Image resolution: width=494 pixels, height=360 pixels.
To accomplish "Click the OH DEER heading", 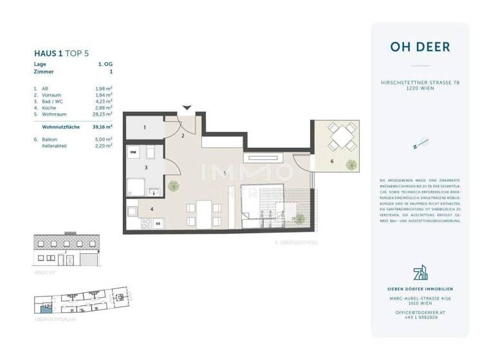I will (x=419, y=47).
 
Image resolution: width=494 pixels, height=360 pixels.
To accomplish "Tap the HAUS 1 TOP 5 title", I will (x=61, y=55).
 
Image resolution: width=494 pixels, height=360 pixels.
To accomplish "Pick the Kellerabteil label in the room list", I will (x=55, y=145).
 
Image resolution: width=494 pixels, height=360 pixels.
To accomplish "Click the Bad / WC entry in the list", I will (x=53, y=101).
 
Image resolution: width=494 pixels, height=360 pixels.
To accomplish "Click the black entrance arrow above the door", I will (x=187, y=108).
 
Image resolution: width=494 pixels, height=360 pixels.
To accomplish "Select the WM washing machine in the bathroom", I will (x=133, y=152).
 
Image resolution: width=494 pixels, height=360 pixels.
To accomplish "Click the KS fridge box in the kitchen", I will (x=158, y=223).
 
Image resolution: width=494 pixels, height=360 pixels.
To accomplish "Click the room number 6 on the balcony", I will (x=332, y=161).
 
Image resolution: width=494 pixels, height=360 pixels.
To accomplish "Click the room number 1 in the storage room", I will (x=144, y=128).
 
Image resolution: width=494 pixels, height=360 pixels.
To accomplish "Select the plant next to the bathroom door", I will (x=172, y=186).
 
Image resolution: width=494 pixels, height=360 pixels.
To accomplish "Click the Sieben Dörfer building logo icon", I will (x=419, y=273).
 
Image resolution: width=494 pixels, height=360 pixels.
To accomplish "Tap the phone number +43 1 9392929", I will (x=419, y=317).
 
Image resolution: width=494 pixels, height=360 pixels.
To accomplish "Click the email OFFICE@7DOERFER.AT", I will (x=419, y=312).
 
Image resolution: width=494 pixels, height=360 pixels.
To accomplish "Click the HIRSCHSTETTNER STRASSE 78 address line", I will (x=419, y=83).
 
